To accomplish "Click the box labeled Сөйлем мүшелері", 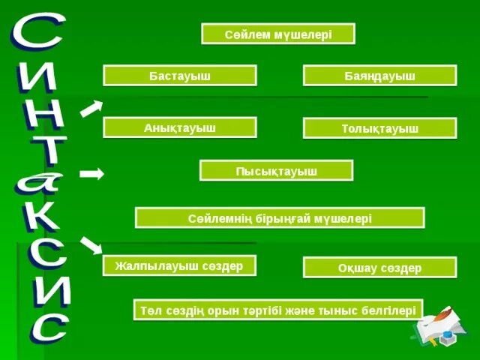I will coord(277,34).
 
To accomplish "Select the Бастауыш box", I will coord(179,76).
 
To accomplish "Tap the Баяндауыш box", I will coord(379,76).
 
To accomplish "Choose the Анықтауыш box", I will coord(179,127).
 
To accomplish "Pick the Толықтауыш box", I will coord(379,128).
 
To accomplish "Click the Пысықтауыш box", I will coord(276,171).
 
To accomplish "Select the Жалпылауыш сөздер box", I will coord(179,265).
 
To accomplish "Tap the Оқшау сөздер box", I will coord(379,268).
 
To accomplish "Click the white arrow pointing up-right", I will coord(91,108).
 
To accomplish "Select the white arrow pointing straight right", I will coord(91,174).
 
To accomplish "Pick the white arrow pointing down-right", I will coord(91,244).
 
